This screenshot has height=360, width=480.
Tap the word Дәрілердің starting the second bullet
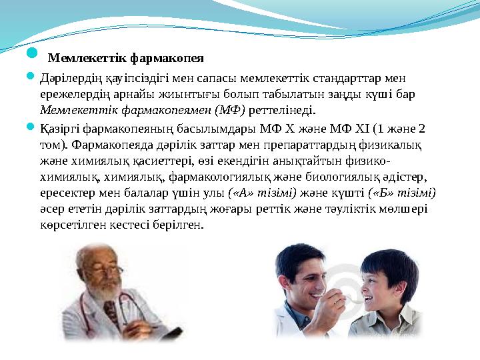coord(69,79)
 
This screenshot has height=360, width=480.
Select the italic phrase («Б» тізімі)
coord(402,193)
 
